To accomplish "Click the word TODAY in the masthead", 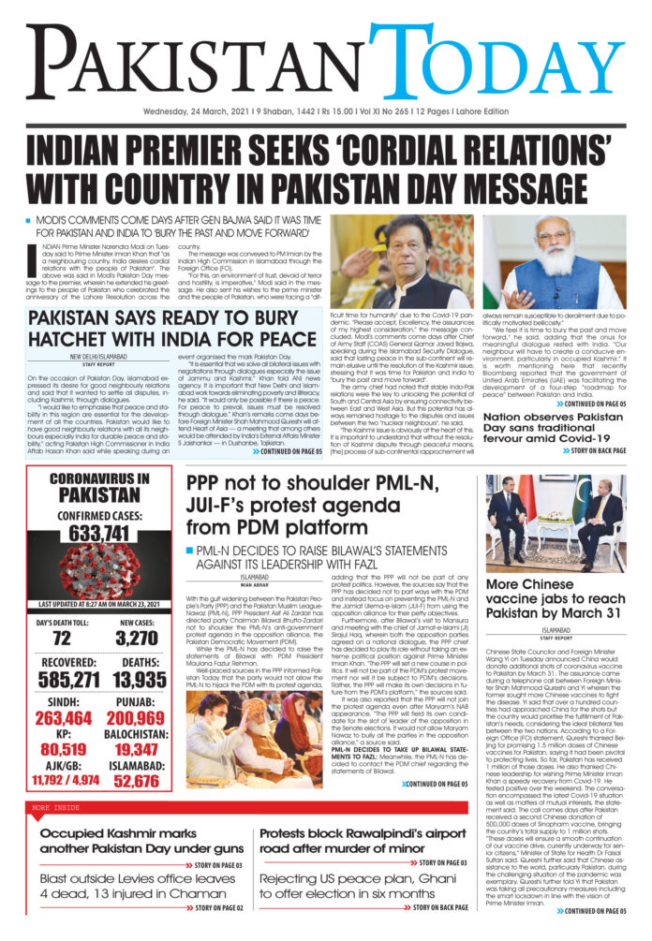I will (496, 66).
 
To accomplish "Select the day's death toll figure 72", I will (61, 638).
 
